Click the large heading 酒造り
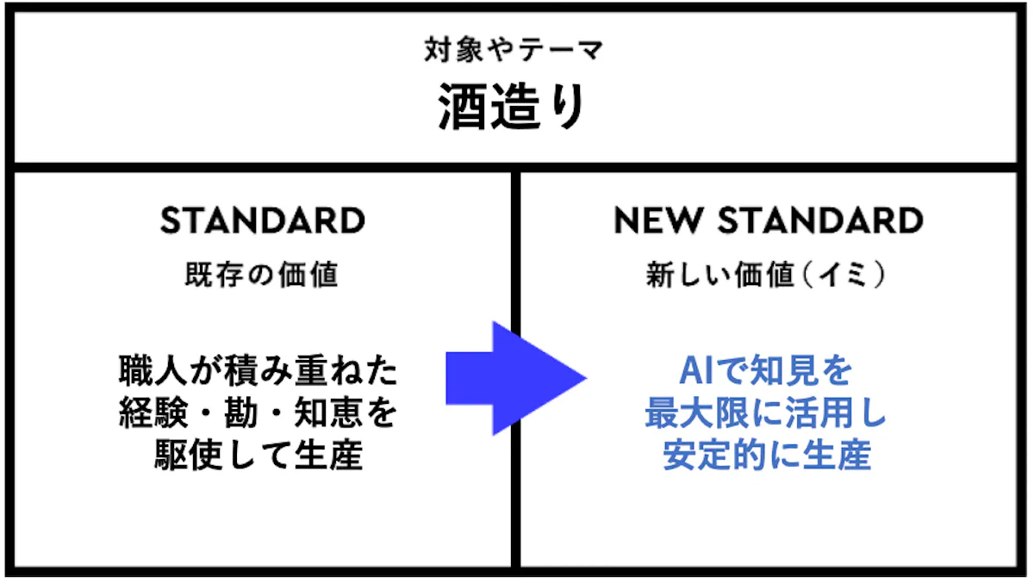click(x=512, y=106)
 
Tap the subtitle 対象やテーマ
click(x=514, y=50)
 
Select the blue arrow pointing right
click(x=516, y=378)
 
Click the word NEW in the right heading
click(x=658, y=220)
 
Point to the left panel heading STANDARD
click(x=263, y=220)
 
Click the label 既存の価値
click(x=262, y=275)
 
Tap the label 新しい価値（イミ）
click(x=766, y=275)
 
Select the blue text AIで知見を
click(x=766, y=370)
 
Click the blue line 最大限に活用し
click(x=766, y=412)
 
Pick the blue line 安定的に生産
click(x=767, y=455)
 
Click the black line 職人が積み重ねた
click(x=258, y=370)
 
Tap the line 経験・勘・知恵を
click(x=258, y=412)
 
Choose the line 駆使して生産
click(x=258, y=455)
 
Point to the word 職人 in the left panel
click(x=153, y=370)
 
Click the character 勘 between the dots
click(x=241, y=412)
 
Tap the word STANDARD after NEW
click(x=820, y=220)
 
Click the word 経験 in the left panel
click(x=153, y=412)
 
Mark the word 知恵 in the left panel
click(x=328, y=412)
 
